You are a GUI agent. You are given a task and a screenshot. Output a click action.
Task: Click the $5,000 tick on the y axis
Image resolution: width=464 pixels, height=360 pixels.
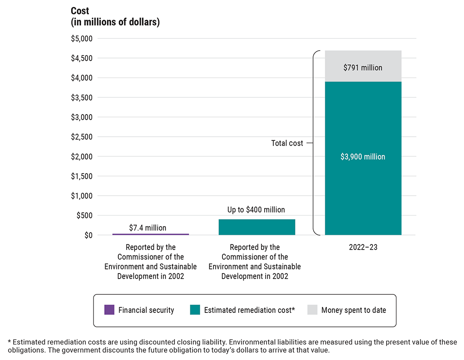pyautogui.click(x=82, y=38)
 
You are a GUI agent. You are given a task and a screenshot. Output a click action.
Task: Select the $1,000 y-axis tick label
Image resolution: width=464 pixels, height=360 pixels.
pyautogui.click(x=82, y=196)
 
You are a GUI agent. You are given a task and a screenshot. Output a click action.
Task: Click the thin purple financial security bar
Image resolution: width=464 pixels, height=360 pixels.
pyautogui.click(x=150, y=234)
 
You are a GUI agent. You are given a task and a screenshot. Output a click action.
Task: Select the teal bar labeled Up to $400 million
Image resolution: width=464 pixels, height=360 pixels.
pyautogui.click(x=256, y=227)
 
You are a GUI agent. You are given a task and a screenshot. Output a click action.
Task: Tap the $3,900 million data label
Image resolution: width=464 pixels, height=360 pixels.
pyautogui.click(x=362, y=157)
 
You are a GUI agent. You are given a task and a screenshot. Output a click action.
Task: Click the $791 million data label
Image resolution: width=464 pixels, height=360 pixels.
pyautogui.click(x=362, y=68)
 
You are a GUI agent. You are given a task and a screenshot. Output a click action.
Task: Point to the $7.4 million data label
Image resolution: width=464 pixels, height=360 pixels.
pyautogui.click(x=147, y=228)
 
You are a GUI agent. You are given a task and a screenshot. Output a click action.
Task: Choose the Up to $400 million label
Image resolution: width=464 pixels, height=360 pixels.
pyautogui.click(x=256, y=210)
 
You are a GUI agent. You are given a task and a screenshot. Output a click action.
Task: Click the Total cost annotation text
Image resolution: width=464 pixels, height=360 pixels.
pyautogui.click(x=287, y=143)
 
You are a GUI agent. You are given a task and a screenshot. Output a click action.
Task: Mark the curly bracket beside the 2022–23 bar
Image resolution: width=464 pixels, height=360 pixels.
pyautogui.click(x=315, y=143)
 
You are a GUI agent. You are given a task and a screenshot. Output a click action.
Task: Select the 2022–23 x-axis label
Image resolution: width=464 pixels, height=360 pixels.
pyautogui.click(x=363, y=248)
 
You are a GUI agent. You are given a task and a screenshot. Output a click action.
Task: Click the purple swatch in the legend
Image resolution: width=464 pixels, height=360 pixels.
pyautogui.click(x=109, y=310)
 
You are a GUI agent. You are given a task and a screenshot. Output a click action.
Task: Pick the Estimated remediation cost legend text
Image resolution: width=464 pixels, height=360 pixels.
pyautogui.click(x=249, y=310)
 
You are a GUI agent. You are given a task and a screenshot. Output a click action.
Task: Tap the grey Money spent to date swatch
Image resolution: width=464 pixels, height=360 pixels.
pyautogui.click(x=312, y=310)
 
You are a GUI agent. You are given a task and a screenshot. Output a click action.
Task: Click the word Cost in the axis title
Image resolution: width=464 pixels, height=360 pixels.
pyautogui.click(x=80, y=11)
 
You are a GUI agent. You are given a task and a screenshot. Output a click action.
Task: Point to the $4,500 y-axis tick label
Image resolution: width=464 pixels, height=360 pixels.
pyautogui.click(x=82, y=58)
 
